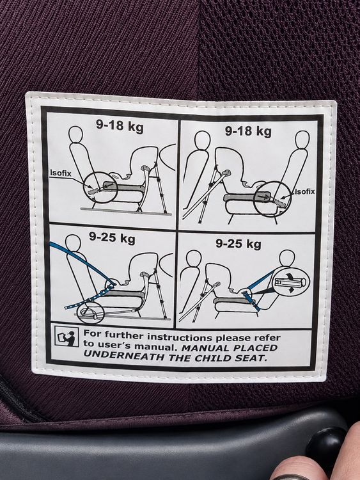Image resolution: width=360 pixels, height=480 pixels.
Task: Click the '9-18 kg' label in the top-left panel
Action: point(120,125)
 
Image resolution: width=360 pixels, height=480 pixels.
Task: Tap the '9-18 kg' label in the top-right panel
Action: point(248,131)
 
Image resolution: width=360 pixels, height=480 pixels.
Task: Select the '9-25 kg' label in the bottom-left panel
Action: point(112,237)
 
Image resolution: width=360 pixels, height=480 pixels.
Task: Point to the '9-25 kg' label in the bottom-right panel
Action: point(239,244)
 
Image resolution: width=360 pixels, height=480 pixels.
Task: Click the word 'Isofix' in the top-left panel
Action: point(61,173)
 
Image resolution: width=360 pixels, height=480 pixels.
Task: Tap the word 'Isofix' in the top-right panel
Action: point(304,191)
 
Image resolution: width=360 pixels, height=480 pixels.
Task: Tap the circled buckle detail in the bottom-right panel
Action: point(290,282)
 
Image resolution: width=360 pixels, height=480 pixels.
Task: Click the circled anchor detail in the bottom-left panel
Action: point(91,312)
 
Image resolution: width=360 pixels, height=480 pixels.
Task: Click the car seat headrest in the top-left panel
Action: point(76,134)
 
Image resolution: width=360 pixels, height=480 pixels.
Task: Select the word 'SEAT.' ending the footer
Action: point(252,358)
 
